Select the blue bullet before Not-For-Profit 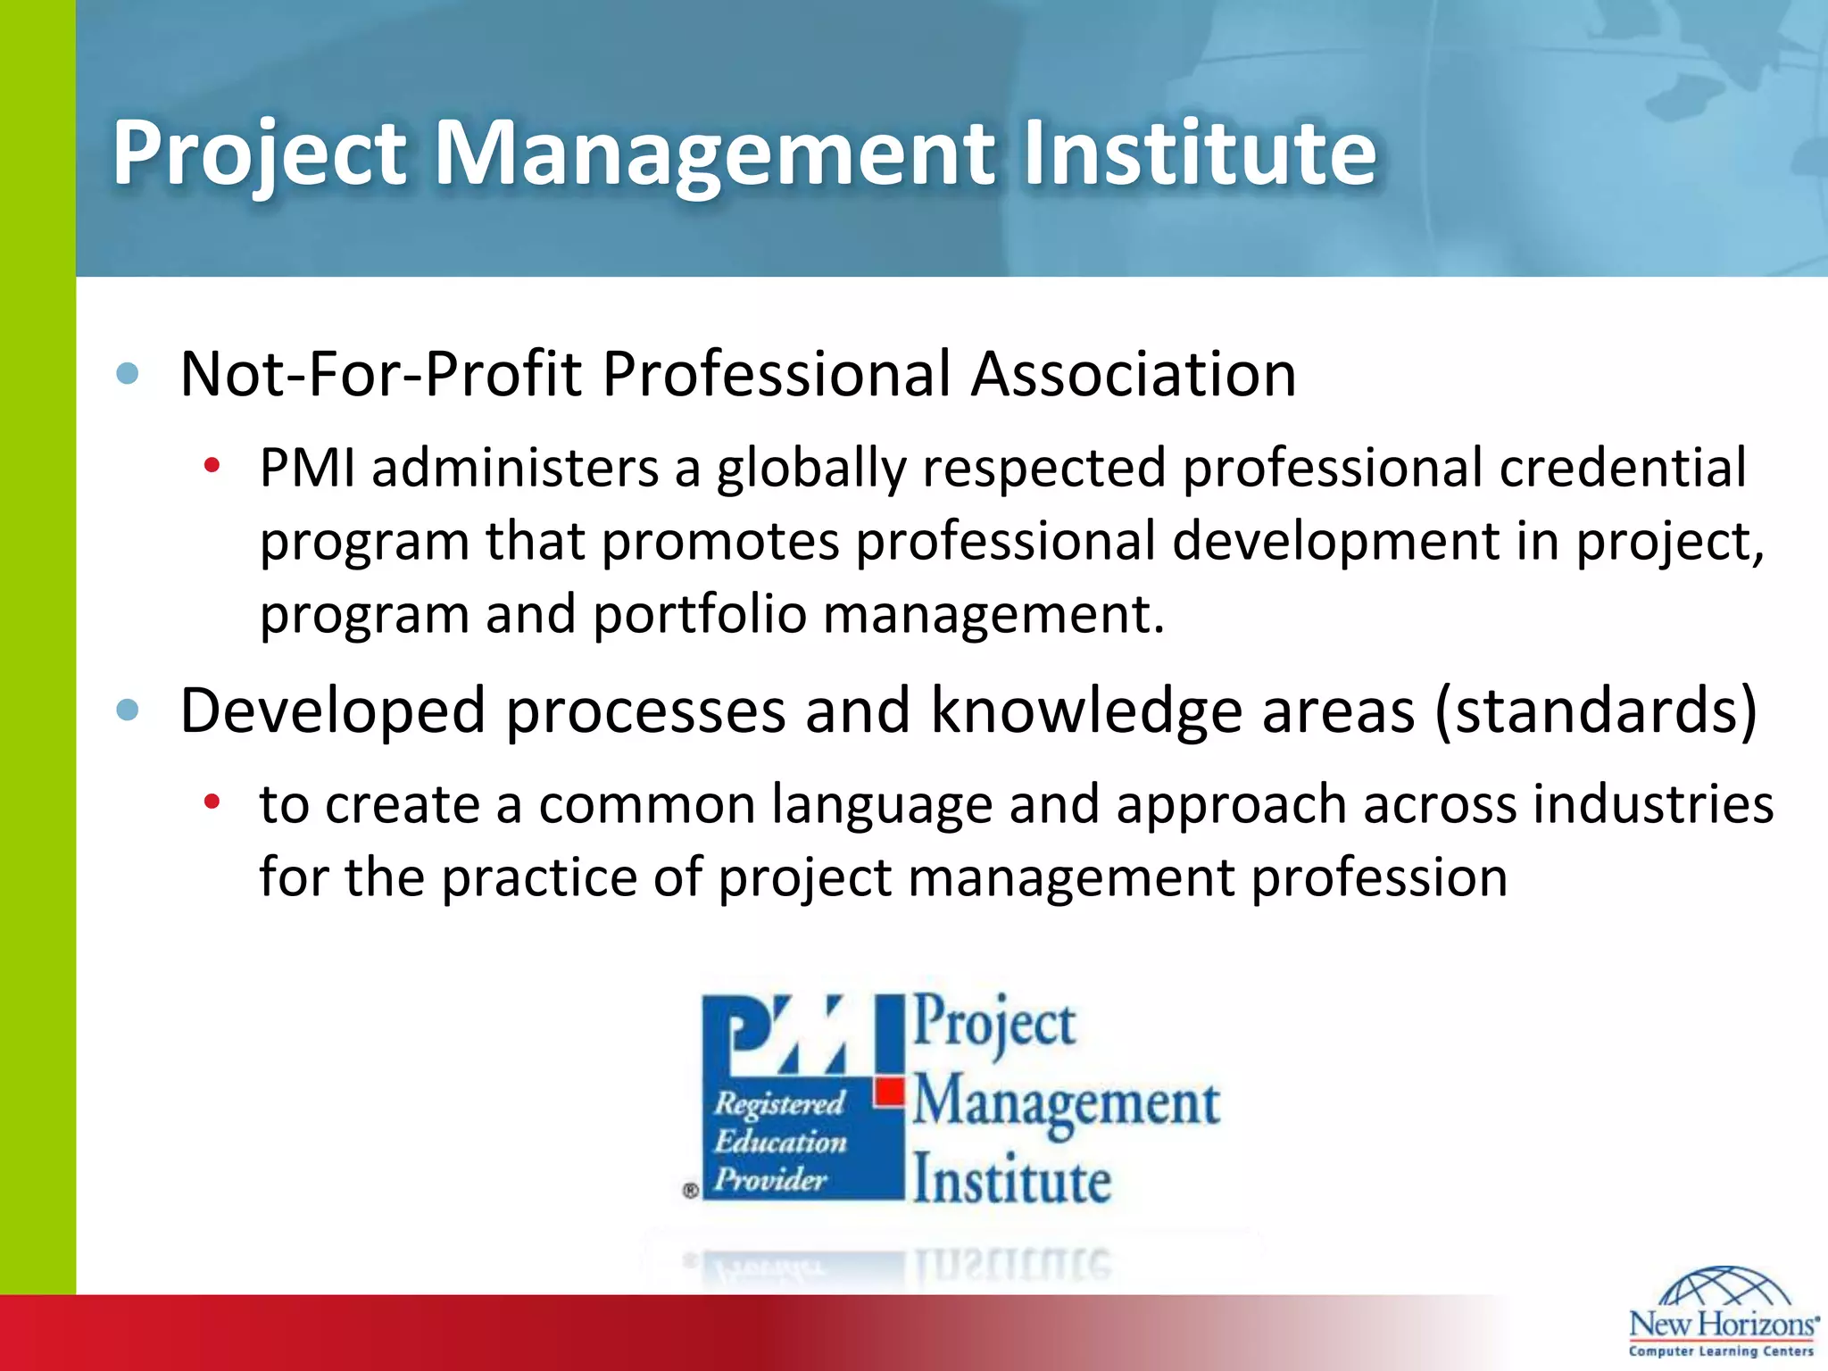[128, 373]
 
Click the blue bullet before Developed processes [128, 710]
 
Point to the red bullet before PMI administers [212, 466]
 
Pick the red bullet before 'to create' [212, 802]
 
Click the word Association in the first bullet [1134, 373]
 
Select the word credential [1622, 468]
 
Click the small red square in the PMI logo [889, 1091]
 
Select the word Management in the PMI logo [1066, 1103]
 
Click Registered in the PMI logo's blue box [778, 1104]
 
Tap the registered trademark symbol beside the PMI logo [690, 1190]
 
